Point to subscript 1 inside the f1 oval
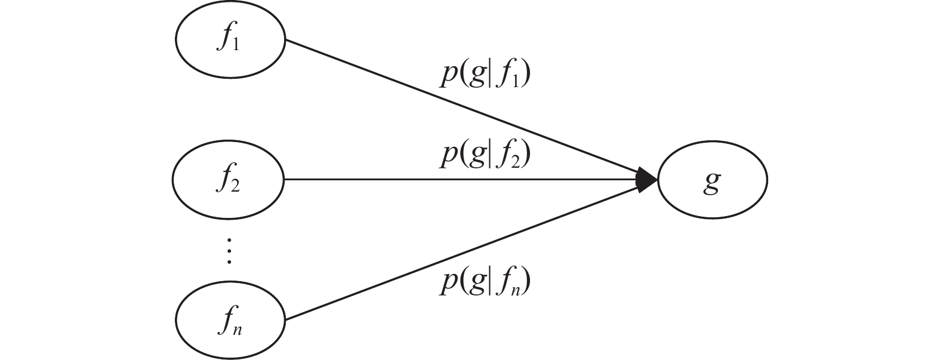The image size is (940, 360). click(x=237, y=46)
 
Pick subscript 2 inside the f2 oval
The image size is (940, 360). click(x=235, y=186)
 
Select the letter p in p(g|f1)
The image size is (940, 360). click(x=448, y=78)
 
